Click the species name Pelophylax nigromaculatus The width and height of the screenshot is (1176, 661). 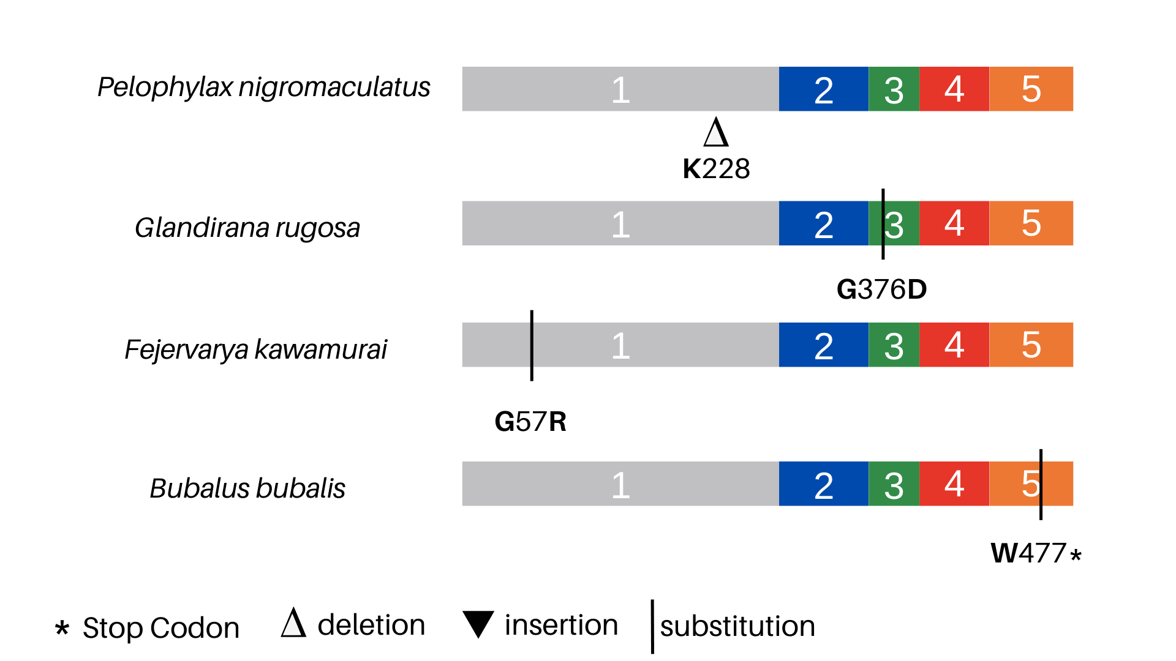click(263, 88)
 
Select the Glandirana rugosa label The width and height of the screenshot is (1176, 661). click(247, 228)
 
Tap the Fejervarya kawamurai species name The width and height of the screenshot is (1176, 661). click(255, 349)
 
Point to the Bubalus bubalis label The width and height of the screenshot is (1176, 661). click(247, 488)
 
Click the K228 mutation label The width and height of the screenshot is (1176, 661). click(716, 169)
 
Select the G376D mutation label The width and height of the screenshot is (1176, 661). click(881, 289)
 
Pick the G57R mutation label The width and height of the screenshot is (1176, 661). click(530, 422)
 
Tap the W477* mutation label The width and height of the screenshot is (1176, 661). click(1035, 553)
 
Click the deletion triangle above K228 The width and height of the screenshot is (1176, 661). click(716, 133)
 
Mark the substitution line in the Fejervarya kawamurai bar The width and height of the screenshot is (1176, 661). click(532, 345)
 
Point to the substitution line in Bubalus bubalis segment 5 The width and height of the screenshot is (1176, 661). click(1041, 484)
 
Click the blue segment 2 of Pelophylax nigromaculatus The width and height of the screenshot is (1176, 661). click(823, 89)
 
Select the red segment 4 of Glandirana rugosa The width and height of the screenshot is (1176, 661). click(954, 223)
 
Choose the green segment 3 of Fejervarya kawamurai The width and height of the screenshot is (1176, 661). click(894, 345)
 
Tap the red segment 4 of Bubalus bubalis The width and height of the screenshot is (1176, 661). click(954, 484)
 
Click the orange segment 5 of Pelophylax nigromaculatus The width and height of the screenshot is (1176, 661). click(1031, 89)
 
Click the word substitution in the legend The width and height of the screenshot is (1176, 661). click(737, 626)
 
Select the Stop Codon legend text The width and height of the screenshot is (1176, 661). click(160, 628)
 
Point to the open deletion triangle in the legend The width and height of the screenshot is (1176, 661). click(293, 623)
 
